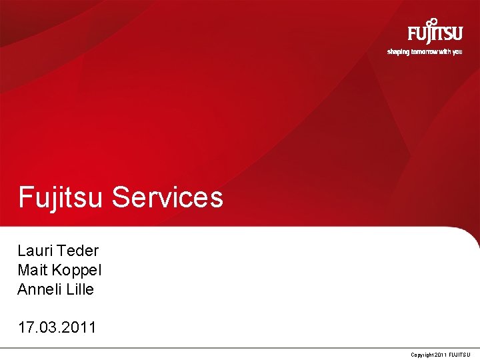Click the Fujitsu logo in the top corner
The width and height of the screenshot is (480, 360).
coord(435,33)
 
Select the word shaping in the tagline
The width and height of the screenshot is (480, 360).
coord(398,51)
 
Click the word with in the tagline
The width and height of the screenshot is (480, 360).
coord(445,51)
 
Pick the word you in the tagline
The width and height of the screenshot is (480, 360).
coord(457,52)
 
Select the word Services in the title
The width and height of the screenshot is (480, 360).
coord(167,197)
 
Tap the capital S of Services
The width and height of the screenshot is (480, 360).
coord(121,197)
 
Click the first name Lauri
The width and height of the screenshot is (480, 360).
coord(35,251)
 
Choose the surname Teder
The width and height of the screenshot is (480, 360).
coord(78,251)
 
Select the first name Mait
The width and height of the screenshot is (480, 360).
coord(32,270)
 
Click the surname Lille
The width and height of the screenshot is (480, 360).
coord(79,289)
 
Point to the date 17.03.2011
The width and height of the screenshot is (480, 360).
coord(57,327)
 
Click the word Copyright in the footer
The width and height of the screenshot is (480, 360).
coord(422,354)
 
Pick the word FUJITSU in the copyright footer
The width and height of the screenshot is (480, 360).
coord(459,354)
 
